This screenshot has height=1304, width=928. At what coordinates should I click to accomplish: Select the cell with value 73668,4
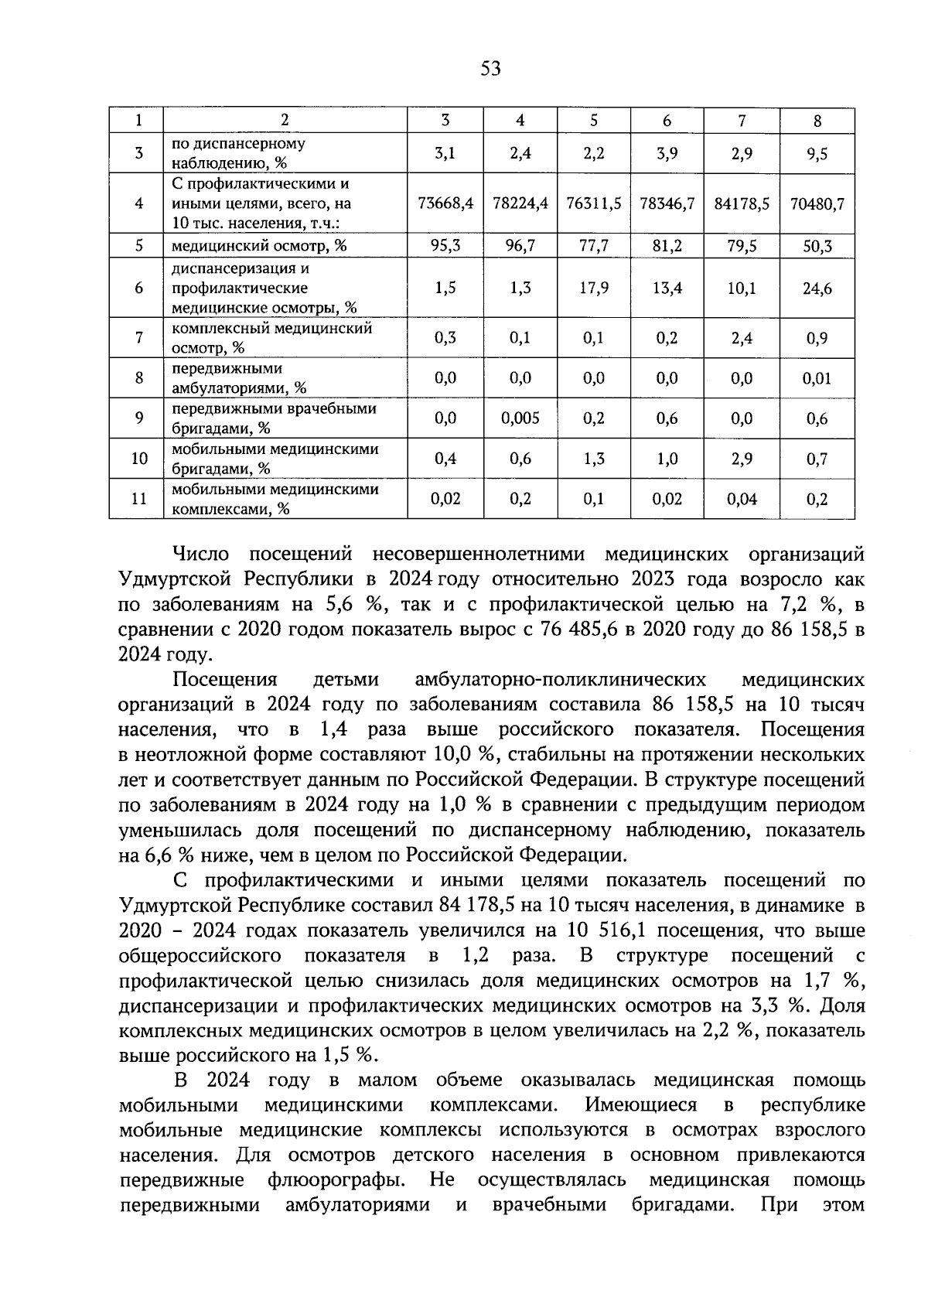445,204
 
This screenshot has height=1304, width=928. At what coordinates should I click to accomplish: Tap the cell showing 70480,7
817,204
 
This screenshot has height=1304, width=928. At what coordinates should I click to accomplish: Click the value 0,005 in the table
520,418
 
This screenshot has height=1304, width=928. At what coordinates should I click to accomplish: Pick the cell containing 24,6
817,288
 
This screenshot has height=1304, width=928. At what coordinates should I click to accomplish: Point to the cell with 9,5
817,153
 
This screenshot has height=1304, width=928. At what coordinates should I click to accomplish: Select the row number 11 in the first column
138,499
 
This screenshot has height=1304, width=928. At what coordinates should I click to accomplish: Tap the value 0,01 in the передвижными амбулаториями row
817,378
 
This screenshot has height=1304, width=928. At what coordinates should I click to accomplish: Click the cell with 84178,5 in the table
741,204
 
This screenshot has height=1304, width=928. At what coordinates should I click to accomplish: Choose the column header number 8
817,121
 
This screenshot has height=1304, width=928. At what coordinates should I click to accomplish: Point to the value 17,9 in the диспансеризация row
593,288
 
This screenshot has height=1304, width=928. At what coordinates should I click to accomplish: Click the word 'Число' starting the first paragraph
202,555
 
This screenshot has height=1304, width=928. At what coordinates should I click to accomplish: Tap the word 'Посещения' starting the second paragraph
224,680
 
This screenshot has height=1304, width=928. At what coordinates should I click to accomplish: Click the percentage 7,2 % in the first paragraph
763,605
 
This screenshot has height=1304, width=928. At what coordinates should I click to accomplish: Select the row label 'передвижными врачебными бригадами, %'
273,418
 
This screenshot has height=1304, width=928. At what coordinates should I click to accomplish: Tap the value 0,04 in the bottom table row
741,499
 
